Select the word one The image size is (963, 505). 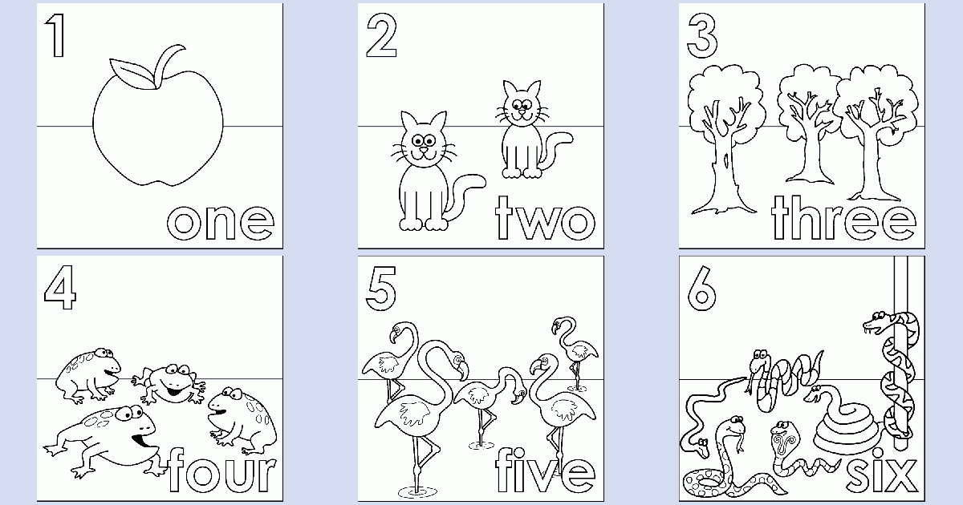point(221,222)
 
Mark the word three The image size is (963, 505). point(843,218)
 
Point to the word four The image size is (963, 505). point(222,471)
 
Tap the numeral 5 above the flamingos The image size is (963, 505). point(380,289)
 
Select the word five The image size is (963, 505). point(546,471)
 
